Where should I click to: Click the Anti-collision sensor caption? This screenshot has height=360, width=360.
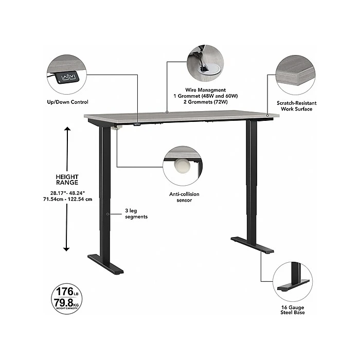click(x=184, y=197)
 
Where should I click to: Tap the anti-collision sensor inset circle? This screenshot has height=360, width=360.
click(x=183, y=165)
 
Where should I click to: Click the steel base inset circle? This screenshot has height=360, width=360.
click(x=292, y=281)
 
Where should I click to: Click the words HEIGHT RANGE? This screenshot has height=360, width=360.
click(x=67, y=179)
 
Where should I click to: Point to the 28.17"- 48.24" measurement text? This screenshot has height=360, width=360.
click(x=67, y=193)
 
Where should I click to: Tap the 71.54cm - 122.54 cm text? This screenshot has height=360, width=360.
click(x=67, y=200)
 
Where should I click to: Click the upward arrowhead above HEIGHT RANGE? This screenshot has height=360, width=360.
click(x=66, y=129)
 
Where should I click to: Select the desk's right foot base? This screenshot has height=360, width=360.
click(x=253, y=245)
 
